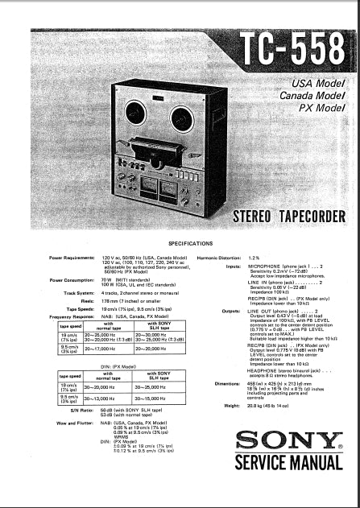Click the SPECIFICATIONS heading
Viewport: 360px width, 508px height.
tap(190, 242)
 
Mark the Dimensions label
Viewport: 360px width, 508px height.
tap(228, 382)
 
